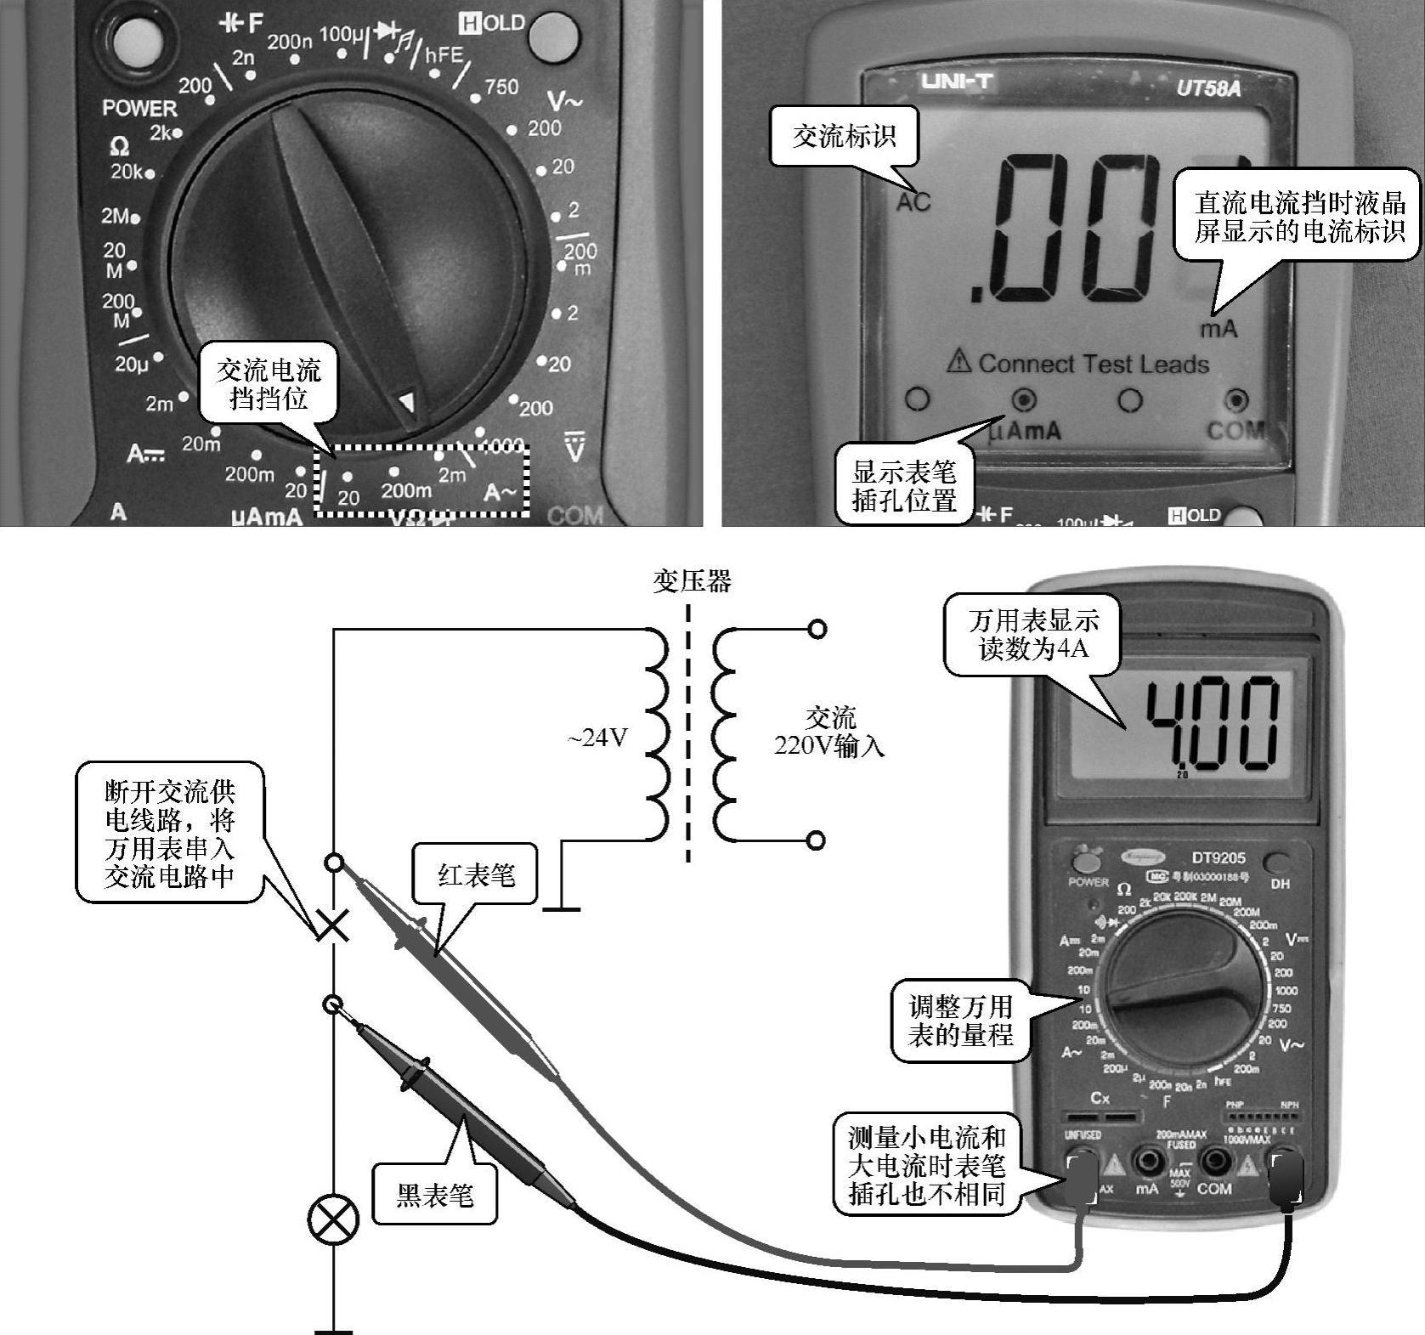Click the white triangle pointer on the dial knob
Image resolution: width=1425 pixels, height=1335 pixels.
pos(408,401)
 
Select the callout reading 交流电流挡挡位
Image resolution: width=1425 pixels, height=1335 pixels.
pos(269,384)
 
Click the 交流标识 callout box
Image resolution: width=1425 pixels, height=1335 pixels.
pos(844,136)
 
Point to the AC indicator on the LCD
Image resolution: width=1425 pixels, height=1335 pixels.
pos(913,202)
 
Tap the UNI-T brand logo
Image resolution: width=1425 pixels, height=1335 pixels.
pos(957,82)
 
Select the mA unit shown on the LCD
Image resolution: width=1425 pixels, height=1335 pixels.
pos(1219,329)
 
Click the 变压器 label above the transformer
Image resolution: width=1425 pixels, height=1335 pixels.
pos(692,581)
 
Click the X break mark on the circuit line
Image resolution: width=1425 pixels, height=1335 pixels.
pos(333,925)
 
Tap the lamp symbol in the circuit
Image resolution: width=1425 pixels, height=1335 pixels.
pos(333,1220)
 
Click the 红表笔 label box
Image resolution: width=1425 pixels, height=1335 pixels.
pos(476,874)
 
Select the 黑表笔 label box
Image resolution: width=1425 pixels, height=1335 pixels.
pos(434,1196)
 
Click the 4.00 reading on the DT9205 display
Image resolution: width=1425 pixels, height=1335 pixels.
pos(1212,722)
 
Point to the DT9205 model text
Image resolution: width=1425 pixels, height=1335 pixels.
pos(1218,858)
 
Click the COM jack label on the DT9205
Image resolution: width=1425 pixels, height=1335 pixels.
pos(1214,1189)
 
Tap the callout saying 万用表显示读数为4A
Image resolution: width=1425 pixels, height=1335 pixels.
pos(1032,635)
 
